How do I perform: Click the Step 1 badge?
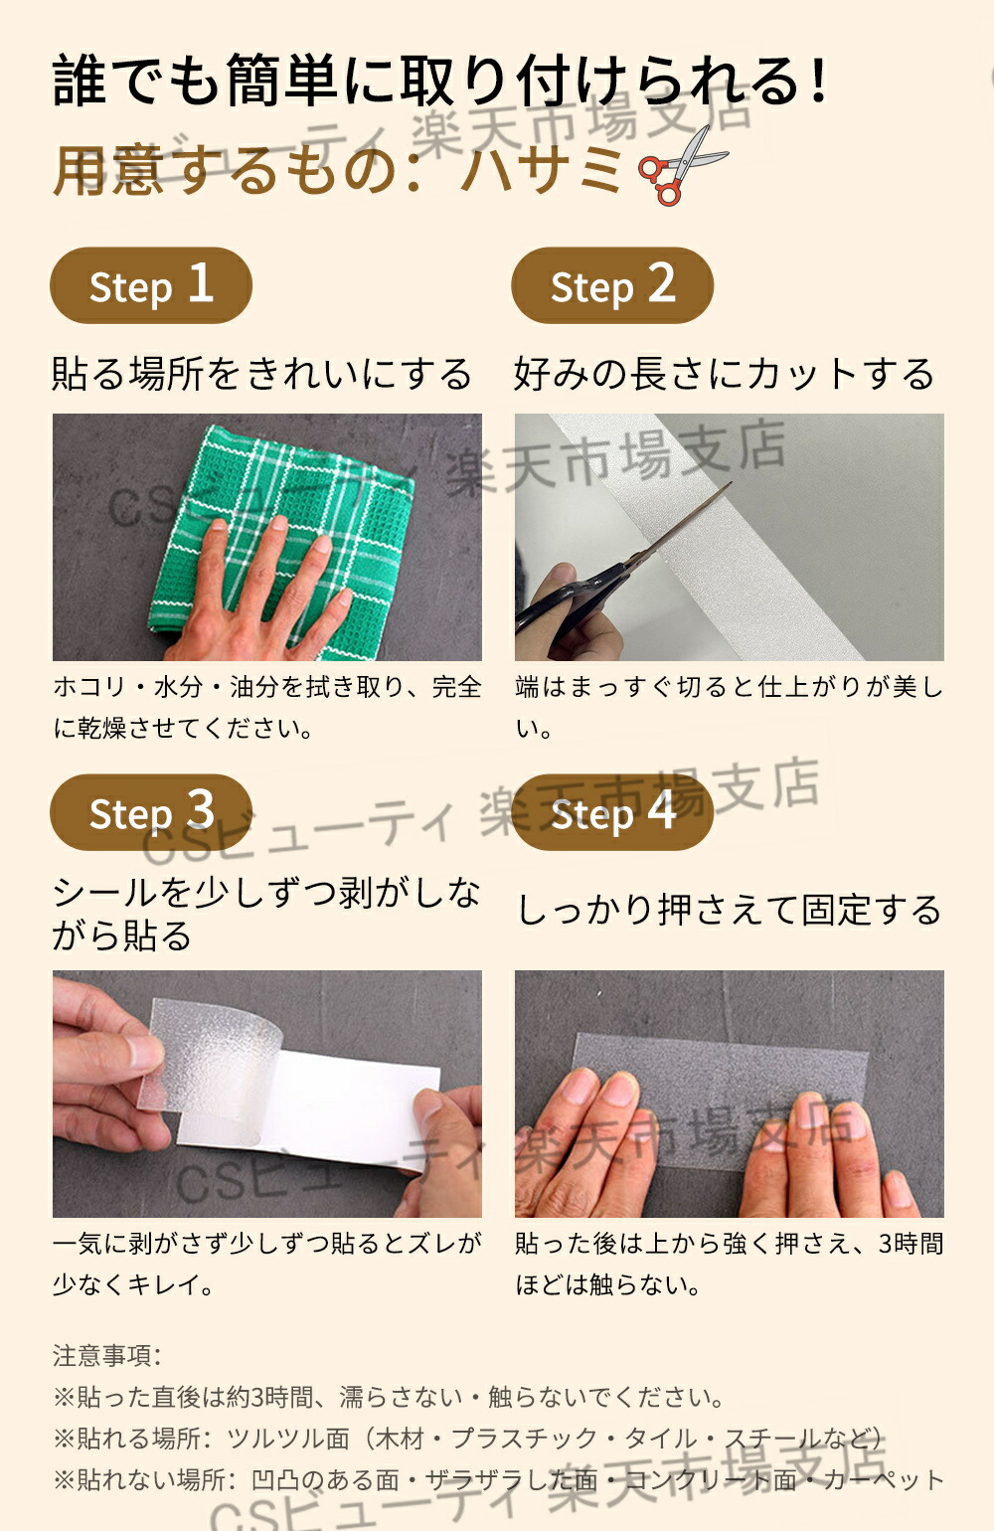point(151,285)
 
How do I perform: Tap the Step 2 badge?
point(612,285)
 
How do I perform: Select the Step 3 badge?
point(151,812)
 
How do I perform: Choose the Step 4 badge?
point(612,812)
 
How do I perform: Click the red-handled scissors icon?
point(682,166)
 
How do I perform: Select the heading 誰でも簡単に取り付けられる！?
point(441,81)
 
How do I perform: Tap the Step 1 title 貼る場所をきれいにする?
point(262,374)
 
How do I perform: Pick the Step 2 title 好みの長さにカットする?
point(725,374)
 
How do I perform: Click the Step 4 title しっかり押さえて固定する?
point(730,911)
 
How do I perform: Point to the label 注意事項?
point(107,1355)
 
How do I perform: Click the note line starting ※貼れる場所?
point(468,1439)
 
